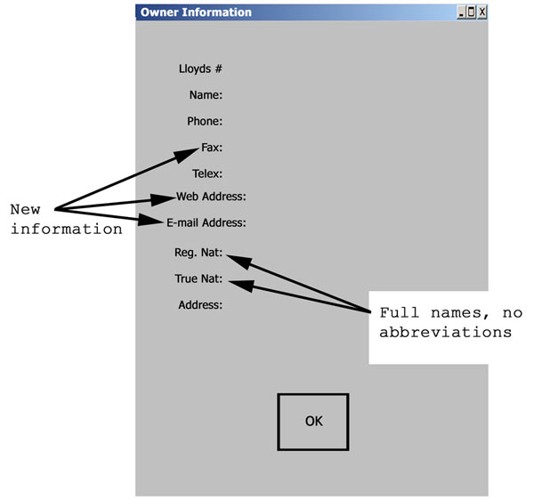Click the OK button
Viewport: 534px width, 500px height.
(x=313, y=422)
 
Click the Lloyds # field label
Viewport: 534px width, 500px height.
(x=200, y=69)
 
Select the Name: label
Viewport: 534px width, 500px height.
(x=206, y=94)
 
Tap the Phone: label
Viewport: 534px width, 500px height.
(x=205, y=121)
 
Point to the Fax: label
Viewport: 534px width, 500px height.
(x=212, y=148)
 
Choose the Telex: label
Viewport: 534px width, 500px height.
(x=207, y=173)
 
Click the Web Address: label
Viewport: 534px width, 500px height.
(x=211, y=197)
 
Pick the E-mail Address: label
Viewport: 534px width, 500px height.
(x=206, y=222)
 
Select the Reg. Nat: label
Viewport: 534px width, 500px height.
(x=198, y=252)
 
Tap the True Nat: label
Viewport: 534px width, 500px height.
(x=198, y=278)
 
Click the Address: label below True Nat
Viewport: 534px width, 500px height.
(x=200, y=304)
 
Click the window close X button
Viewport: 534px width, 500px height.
(x=481, y=12)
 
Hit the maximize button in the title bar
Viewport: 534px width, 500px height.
(x=472, y=12)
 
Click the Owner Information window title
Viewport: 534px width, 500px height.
(x=196, y=12)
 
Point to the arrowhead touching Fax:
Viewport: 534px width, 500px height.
(x=187, y=155)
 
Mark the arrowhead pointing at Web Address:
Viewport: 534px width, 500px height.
(x=163, y=199)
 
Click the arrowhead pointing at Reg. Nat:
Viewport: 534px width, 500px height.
(x=239, y=262)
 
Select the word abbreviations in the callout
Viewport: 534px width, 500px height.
(x=446, y=332)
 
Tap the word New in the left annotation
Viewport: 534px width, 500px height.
(x=25, y=209)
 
